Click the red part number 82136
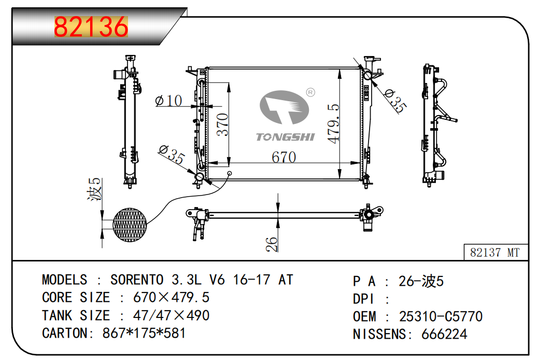[x=91, y=27]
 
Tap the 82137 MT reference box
[x=494, y=253]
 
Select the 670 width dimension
[x=284, y=157]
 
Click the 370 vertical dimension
[x=222, y=124]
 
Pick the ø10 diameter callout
[x=169, y=100]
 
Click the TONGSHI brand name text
[x=285, y=137]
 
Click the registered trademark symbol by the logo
[x=310, y=92]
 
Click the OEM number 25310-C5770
[x=441, y=316]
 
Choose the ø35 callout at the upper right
[x=395, y=101]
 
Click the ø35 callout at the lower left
[x=172, y=155]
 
